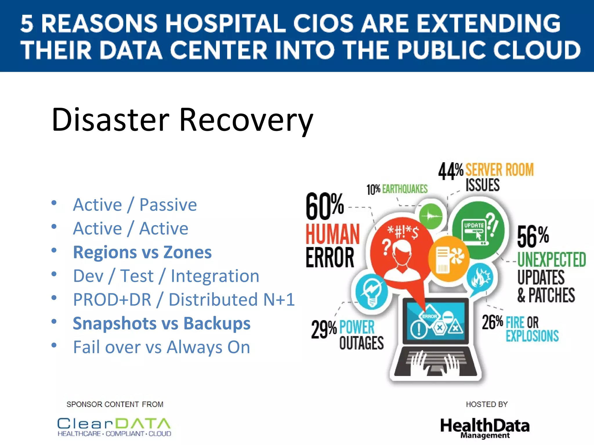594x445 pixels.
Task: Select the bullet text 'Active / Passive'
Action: click(x=135, y=205)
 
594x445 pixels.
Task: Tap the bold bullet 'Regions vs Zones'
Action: click(x=142, y=252)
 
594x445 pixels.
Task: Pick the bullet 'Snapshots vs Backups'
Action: click(x=162, y=323)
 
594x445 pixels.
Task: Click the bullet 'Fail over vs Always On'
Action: click(x=162, y=347)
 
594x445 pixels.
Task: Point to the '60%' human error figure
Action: click(x=325, y=206)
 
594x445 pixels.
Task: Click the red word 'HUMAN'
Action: click(x=333, y=234)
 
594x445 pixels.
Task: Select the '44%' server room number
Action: click(x=450, y=171)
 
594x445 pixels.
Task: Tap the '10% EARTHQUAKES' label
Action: click(x=397, y=189)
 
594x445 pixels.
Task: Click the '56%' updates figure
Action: click(x=533, y=237)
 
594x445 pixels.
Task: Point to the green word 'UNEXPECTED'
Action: click(x=551, y=259)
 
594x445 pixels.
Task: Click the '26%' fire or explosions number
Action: click(x=492, y=322)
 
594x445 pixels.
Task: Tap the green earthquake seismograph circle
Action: click(x=431, y=216)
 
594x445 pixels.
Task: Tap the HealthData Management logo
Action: click(x=485, y=428)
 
